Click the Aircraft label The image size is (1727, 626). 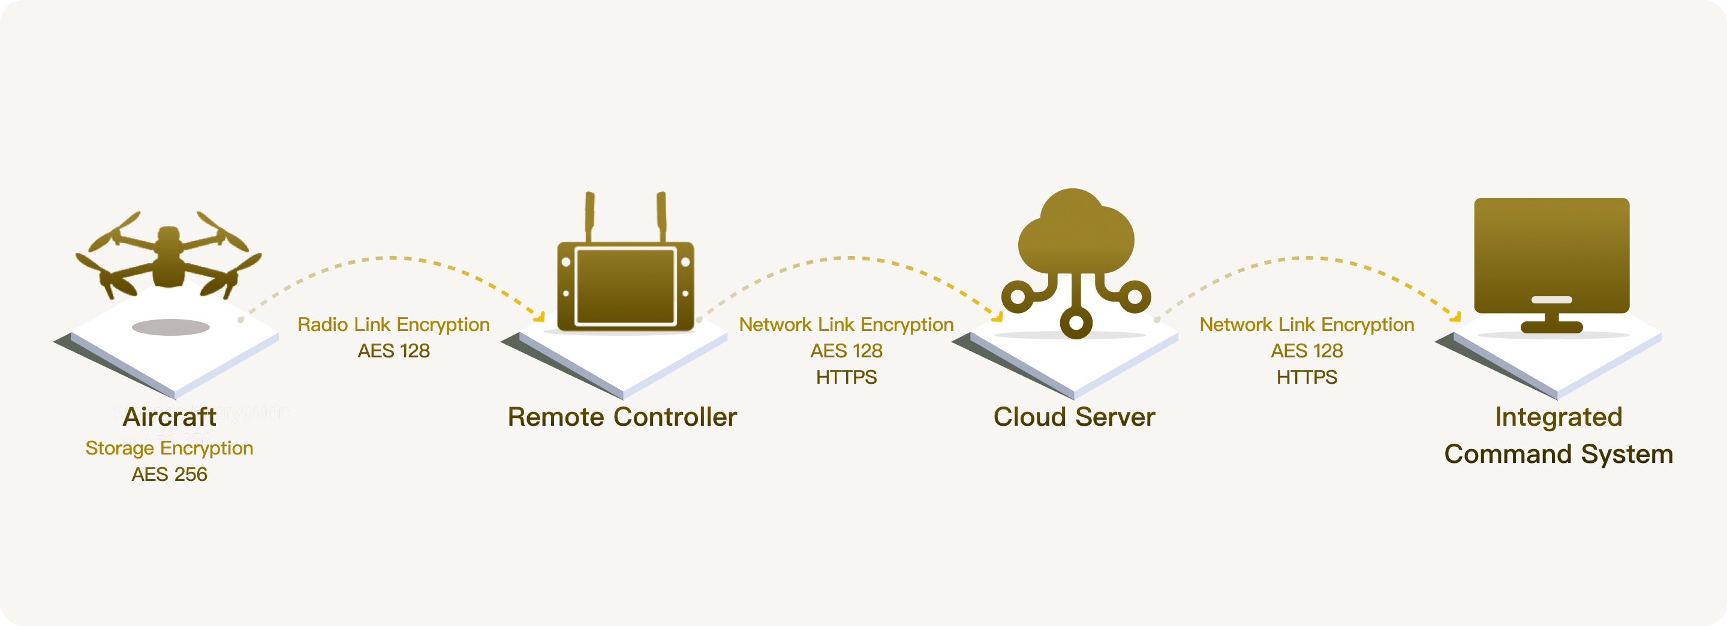pos(170,417)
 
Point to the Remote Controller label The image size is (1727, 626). pos(622,417)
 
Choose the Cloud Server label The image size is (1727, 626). pos(1074,417)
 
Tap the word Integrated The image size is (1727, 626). pos(1558,417)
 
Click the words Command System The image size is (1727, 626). pos(1558,455)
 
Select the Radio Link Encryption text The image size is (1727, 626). pos(393,324)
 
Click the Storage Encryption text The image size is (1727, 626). pos(170,448)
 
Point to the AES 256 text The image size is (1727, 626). pos(170,474)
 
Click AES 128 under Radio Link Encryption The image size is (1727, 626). pos(393,351)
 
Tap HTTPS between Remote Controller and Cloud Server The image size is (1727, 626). pos(846,377)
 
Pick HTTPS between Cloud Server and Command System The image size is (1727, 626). pos(1307,377)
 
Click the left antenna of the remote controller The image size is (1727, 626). pos(590,215)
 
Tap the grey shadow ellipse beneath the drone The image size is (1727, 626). pos(171,327)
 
